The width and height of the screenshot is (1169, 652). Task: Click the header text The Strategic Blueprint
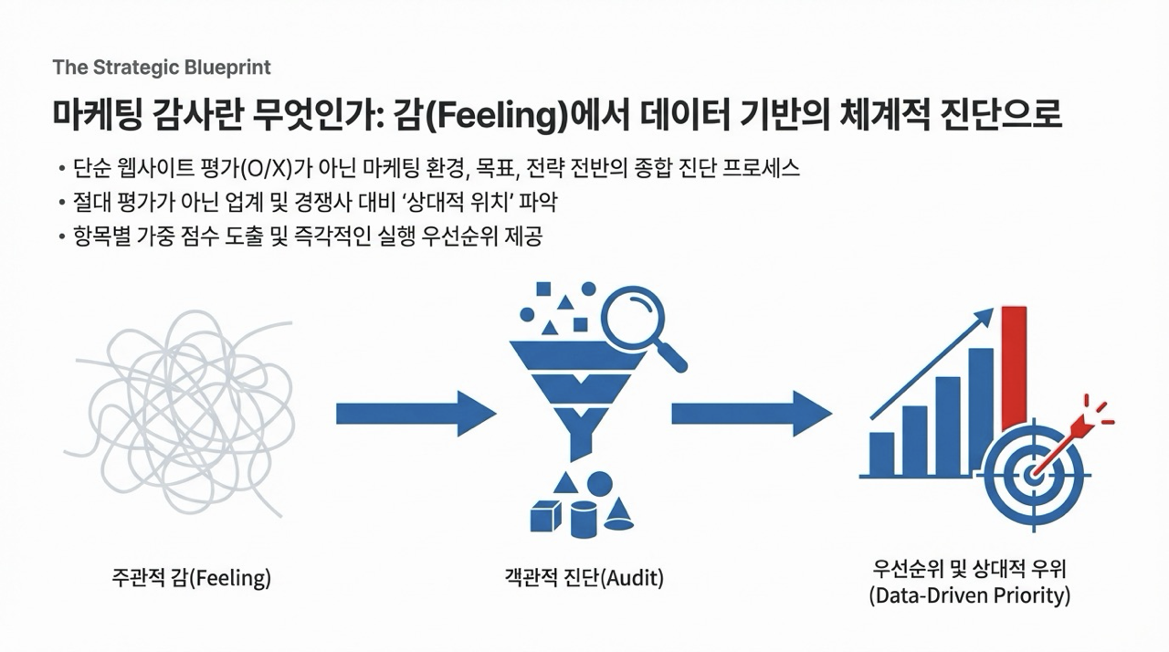point(162,68)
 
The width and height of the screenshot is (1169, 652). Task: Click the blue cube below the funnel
point(547,517)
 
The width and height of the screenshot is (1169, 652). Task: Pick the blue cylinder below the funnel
point(584,520)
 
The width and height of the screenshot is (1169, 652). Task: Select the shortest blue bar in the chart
point(882,454)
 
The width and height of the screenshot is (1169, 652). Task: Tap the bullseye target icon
point(1037,473)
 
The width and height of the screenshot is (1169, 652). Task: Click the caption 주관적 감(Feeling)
point(191,578)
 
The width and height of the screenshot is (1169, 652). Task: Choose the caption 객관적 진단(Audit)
point(584,578)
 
